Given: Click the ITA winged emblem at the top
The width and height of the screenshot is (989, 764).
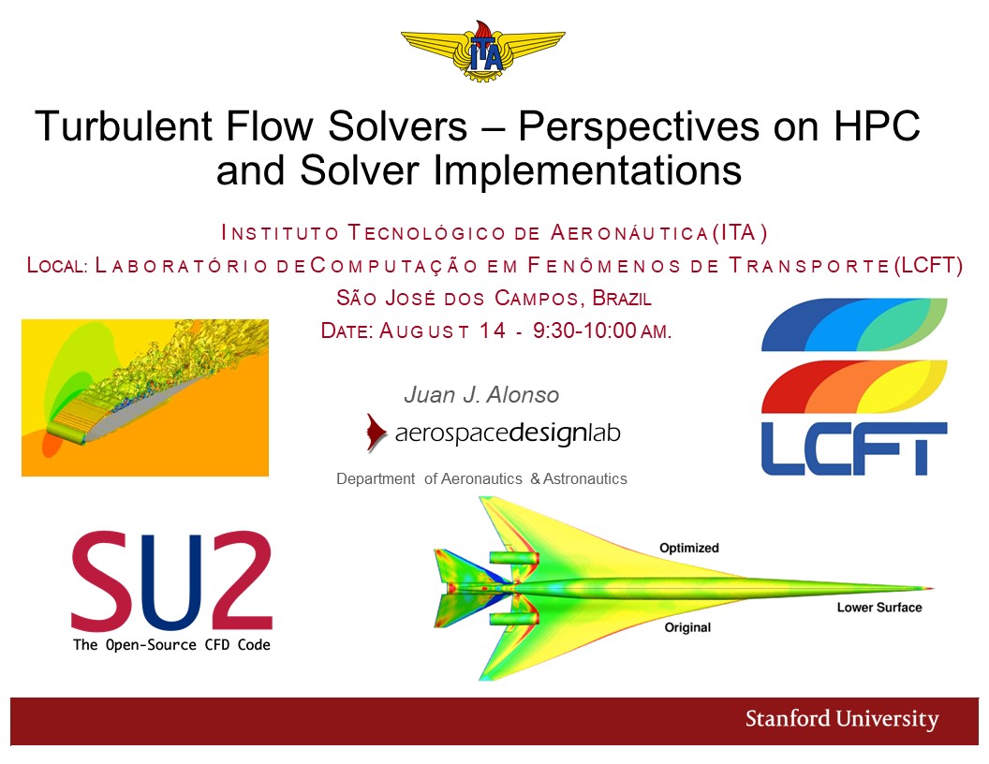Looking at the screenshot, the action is tap(483, 51).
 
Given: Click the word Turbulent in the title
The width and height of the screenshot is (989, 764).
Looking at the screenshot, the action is tap(125, 125).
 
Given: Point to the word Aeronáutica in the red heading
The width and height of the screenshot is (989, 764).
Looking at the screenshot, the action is tap(630, 233).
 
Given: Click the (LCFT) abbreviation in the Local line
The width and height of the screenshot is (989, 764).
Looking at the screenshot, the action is tap(928, 265).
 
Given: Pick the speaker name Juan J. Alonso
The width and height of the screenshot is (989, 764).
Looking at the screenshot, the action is tap(481, 394).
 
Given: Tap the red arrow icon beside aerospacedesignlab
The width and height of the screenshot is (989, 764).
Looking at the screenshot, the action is tap(376, 433).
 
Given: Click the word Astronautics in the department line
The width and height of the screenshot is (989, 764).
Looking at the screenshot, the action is tap(584, 479).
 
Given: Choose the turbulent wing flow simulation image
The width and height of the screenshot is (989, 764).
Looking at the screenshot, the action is tap(145, 398).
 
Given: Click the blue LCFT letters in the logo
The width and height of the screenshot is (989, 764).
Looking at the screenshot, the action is tap(854, 448).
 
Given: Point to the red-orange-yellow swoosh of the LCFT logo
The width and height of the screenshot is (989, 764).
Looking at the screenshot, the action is tap(854, 387).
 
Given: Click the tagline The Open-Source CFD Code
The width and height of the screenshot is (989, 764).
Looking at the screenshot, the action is tap(171, 645).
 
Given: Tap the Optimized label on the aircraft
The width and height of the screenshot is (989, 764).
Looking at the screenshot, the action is tap(688, 548).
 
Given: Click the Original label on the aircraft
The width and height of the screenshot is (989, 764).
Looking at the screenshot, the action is tap(687, 627).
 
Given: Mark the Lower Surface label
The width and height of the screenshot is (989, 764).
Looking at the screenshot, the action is tap(879, 607).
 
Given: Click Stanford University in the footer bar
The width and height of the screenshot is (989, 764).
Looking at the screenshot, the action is tap(842, 719).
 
